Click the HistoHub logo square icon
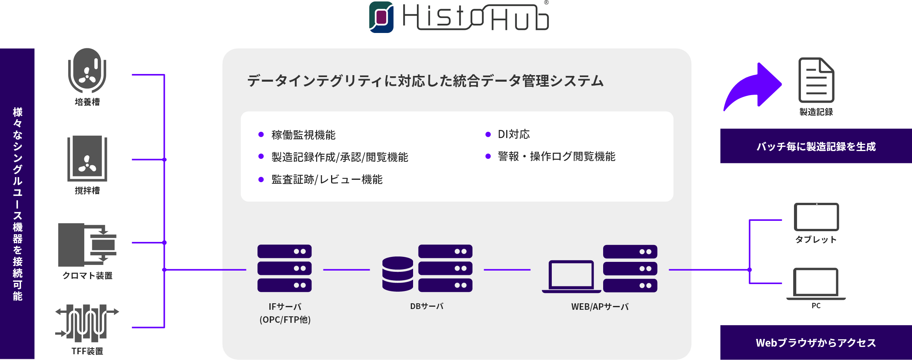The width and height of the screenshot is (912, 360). tap(381, 17)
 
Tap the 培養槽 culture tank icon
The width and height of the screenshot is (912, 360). tap(87, 71)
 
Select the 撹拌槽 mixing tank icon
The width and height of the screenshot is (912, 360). tap(87, 158)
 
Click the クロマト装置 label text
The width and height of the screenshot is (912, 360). tap(87, 276)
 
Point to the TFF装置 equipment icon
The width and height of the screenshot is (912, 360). tap(87, 323)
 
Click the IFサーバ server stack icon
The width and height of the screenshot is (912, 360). tap(284, 268)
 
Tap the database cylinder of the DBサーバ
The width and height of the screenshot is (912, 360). tap(398, 274)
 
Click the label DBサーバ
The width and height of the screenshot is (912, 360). tap(427, 306)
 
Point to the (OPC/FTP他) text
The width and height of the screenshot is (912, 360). tap(285, 320)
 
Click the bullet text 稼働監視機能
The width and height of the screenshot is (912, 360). tap(303, 135)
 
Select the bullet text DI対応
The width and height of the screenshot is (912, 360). tap(513, 134)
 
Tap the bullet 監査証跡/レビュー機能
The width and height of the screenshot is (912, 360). tap(327, 179)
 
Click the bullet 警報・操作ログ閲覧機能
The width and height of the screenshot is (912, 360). tap(556, 156)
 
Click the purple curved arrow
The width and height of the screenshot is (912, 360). tap(752, 87)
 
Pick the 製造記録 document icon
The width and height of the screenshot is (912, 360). tap(816, 80)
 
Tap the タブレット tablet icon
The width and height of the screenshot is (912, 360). tap(816, 217)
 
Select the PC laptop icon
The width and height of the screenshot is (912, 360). tap(816, 284)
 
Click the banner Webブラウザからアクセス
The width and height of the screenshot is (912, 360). tap(816, 343)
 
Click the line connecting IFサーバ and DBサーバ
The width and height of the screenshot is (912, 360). tap(346, 270)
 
